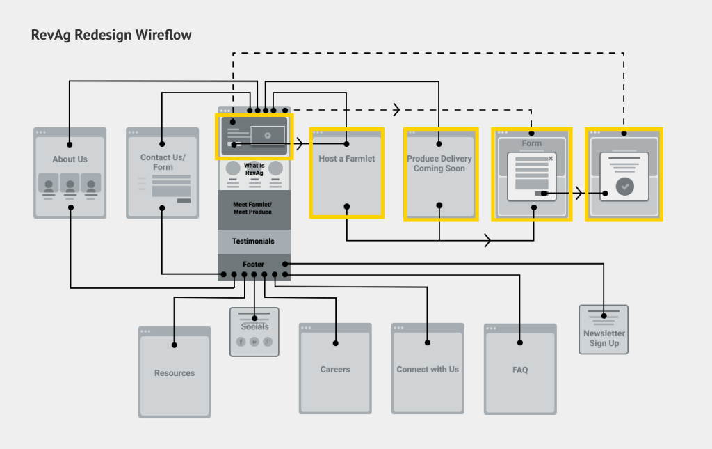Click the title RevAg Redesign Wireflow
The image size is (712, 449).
[111, 35]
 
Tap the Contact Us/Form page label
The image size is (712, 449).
[161, 162]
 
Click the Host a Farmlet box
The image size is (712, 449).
[346, 174]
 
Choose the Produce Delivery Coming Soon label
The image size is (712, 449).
[439, 164]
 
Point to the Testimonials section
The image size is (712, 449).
[253, 242]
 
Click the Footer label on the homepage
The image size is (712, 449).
[253, 265]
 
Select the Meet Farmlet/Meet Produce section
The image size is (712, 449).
[252, 207]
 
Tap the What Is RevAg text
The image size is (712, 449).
[254, 169]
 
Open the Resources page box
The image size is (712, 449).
[175, 373]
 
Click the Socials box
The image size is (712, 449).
[254, 333]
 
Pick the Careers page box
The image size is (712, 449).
[335, 370]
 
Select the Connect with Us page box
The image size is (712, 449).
[428, 370]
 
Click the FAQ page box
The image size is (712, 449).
[520, 370]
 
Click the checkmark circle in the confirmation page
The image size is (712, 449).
[625, 187]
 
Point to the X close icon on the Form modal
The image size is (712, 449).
[551, 159]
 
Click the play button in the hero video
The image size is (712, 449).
[268, 136]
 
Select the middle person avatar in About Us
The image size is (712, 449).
[70, 186]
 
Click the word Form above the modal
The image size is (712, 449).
[532, 143]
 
